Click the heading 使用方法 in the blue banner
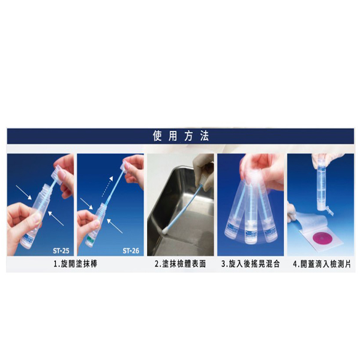pos(181,136)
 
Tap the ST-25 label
pos(61,250)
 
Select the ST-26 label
pos(131,250)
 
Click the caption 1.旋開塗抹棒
pos(76,264)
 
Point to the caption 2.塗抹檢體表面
pos(180,264)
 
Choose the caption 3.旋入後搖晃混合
pos(251,264)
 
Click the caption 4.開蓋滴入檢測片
pos(322,264)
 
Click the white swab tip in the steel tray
pos(166,230)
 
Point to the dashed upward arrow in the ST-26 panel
pos(107,187)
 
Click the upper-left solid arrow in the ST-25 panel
pos(23,193)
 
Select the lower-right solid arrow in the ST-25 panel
pos(56,218)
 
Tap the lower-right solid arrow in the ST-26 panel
pos(115,226)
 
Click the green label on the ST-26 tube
pos(90,239)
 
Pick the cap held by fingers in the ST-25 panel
pos(56,173)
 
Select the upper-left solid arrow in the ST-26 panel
pos(86,203)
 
